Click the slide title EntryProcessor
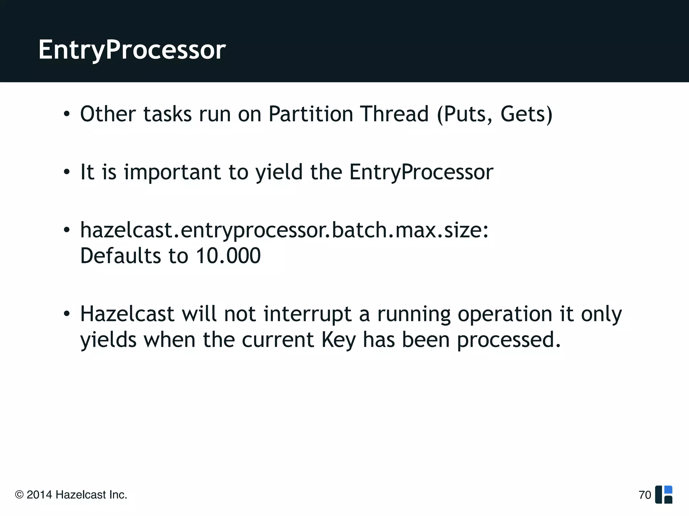pos(132,50)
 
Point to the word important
pos(172,172)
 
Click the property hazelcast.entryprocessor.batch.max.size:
pos(284,231)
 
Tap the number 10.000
pos(228,256)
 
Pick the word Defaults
pos(120,256)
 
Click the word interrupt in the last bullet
pos(307,314)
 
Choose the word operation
pos(505,315)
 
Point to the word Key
pos(338,340)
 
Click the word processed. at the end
pos(509,340)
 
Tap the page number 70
pos(645,495)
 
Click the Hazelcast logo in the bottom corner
pos(664,494)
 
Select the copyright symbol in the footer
pos(20,495)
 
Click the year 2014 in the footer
pos(39,495)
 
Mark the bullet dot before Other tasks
pos(67,114)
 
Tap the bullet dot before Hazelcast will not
pos(67,314)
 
